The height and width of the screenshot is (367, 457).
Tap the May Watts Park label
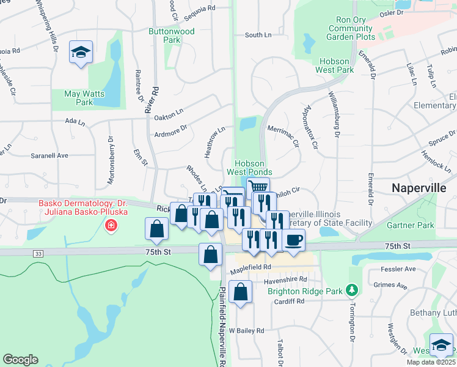coord(84,98)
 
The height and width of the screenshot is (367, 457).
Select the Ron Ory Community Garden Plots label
coord(351,28)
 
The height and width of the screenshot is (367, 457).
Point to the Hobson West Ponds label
coord(250,168)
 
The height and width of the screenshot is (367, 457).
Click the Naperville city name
coord(419,188)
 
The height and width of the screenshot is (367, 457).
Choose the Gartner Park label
coord(410,225)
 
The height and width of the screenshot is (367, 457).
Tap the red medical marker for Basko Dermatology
coord(111,226)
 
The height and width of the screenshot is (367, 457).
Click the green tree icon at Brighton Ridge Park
coord(351,289)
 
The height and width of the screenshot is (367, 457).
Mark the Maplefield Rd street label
coord(250,268)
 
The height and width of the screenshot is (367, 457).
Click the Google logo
coord(20,360)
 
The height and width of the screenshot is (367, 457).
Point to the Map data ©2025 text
coord(431,362)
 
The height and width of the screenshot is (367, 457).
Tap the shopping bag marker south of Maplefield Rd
coord(241,292)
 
